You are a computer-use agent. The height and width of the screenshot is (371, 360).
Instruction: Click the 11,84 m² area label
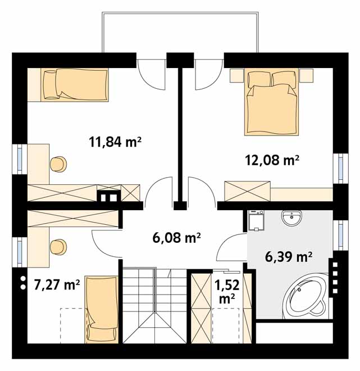(x=115, y=142)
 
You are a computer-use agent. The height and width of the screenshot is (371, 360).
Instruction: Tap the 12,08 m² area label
(x=272, y=160)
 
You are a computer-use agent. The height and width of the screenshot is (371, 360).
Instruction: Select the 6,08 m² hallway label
(x=176, y=238)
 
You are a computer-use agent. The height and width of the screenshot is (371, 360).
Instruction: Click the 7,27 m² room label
(x=57, y=284)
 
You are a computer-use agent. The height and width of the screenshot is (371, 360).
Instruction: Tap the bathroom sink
(x=291, y=218)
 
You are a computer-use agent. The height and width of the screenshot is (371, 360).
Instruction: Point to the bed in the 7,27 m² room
(x=102, y=309)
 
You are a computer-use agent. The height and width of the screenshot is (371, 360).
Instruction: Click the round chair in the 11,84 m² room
(x=58, y=164)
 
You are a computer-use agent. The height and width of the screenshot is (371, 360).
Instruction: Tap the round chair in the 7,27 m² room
(x=58, y=247)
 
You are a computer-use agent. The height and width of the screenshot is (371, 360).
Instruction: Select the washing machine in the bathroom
(x=256, y=220)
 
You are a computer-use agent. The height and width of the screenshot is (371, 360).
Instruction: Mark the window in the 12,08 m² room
(x=340, y=168)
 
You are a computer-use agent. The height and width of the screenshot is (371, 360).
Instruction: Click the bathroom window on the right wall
(x=340, y=235)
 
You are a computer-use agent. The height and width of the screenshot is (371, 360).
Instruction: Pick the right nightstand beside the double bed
(x=306, y=75)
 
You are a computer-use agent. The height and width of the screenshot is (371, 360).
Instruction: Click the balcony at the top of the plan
(x=180, y=33)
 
